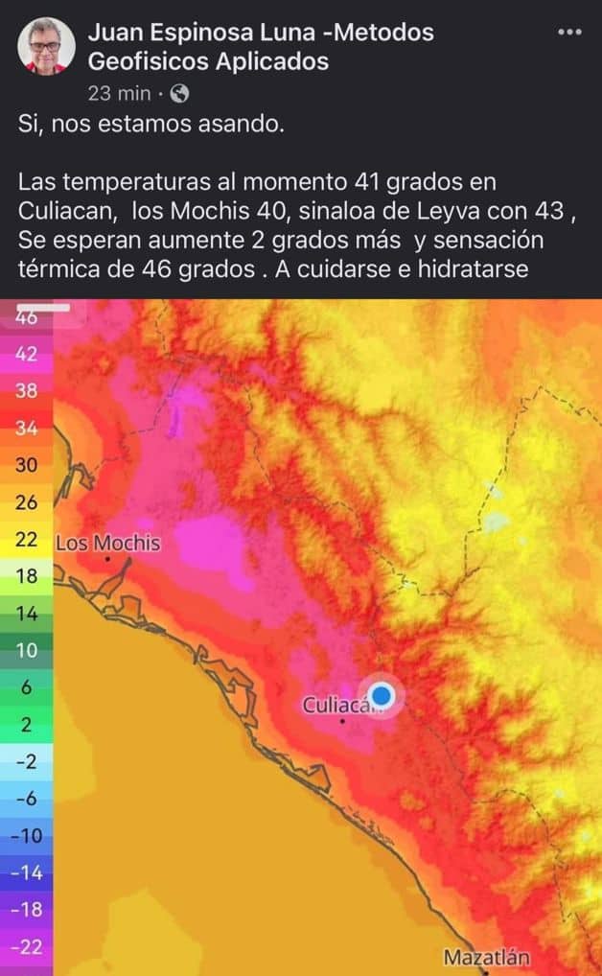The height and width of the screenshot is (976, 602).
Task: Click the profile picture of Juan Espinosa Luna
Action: (x=46, y=46)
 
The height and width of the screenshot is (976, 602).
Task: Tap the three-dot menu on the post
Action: (x=569, y=32)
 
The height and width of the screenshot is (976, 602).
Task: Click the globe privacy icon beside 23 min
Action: (x=179, y=93)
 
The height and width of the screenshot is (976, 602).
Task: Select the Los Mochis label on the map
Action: (x=108, y=544)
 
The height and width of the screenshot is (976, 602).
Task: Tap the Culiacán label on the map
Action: (x=336, y=706)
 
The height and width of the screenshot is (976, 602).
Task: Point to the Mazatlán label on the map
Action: (x=486, y=957)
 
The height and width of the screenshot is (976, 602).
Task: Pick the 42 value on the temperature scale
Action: (x=26, y=354)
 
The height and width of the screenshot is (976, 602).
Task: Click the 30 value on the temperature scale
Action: (x=26, y=465)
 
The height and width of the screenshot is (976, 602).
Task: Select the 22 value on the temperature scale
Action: (x=26, y=540)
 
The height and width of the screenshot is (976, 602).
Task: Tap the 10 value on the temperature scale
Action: (x=26, y=651)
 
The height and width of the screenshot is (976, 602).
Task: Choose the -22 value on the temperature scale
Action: (x=26, y=946)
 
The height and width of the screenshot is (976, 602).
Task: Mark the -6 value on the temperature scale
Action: (x=26, y=799)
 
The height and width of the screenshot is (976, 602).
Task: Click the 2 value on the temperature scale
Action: (x=26, y=725)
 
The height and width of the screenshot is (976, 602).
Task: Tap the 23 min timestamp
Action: (x=119, y=93)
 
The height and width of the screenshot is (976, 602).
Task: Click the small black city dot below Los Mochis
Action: (x=107, y=558)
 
